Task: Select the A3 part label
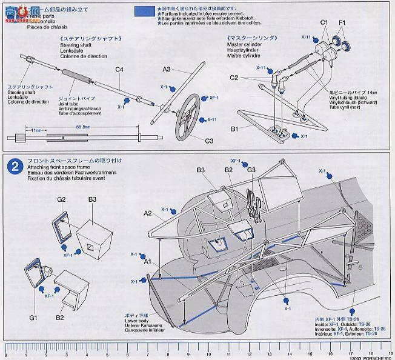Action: click(x=167, y=71)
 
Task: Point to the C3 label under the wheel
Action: click(x=209, y=140)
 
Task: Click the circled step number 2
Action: click(x=10, y=163)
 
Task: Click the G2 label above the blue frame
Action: click(x=61, y=199)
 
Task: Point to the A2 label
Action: click(x=147, y=213)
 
